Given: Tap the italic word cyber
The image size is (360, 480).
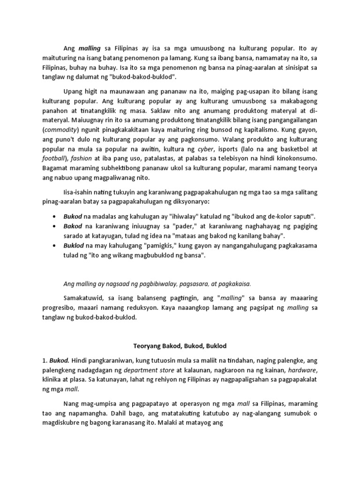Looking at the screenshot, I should point(206,149).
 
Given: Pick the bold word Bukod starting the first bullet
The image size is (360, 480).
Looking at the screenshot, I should point(72,216).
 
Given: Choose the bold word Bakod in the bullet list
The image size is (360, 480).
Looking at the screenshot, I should point(72,226).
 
